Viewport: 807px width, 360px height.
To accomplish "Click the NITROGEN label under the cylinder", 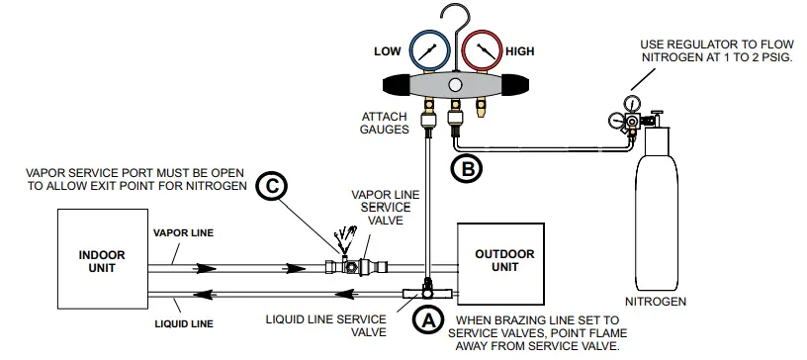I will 655,298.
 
